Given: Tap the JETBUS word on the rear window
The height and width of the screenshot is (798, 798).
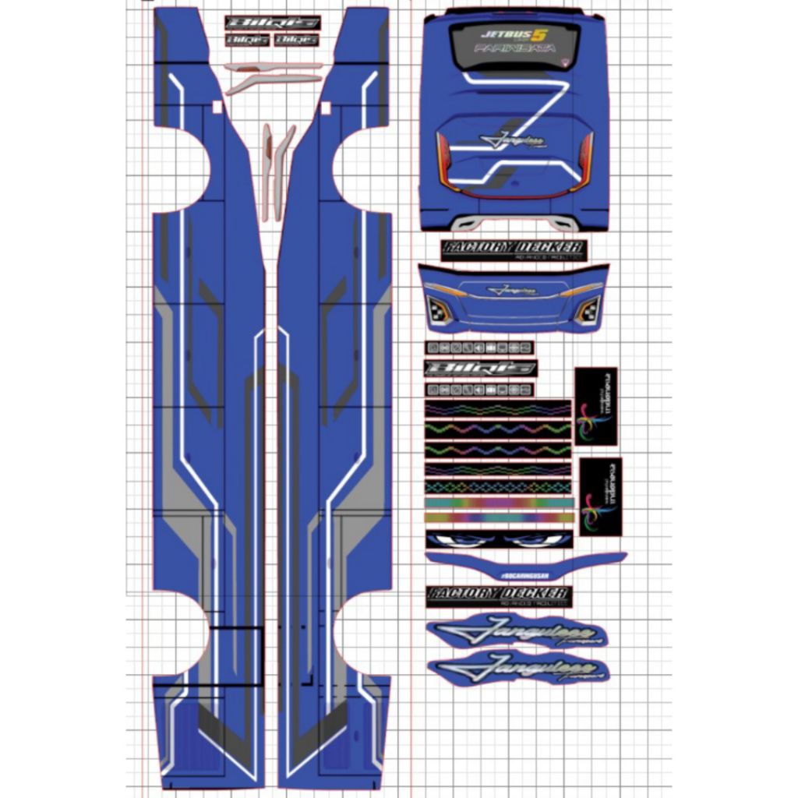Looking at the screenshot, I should (x=507, y=35).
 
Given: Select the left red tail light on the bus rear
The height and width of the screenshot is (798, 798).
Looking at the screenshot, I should (x=444, y=160).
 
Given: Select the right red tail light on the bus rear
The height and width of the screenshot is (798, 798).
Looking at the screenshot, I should (x=584, y=160).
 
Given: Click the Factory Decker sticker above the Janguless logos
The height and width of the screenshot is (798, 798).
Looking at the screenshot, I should (x=500, y=597).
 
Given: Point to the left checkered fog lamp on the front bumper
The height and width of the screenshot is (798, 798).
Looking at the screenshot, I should (x=440, y=311).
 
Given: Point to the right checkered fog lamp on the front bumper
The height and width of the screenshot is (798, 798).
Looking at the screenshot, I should (x=588, y=311).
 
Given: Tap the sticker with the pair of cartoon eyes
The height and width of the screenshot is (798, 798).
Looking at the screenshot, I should (x=500, y=539).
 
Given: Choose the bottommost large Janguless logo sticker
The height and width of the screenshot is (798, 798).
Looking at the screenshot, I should (x=518, y=669).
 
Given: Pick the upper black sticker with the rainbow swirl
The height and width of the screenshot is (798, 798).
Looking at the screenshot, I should (x=596, y=407).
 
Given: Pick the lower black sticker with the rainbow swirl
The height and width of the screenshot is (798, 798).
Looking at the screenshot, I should (x=601, y=496).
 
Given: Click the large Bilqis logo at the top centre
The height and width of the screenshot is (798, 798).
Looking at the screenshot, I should (x=272, y=23).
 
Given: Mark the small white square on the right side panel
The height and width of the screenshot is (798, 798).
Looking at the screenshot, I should (x=326, y=106).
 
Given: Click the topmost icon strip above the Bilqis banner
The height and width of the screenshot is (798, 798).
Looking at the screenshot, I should (x=479, y=348).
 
